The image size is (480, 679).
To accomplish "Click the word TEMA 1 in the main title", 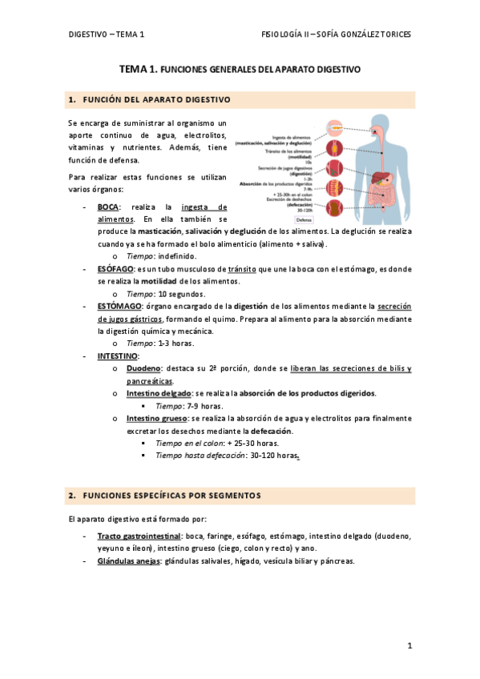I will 137,70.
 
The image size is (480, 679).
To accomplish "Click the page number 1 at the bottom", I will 409,645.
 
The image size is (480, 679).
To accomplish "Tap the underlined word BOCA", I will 108,207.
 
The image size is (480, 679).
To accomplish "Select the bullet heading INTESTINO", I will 118,356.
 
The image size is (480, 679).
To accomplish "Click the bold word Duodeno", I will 143,368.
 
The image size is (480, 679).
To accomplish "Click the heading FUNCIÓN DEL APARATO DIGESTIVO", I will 157,100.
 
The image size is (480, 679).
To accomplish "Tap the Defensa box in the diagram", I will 305,219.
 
